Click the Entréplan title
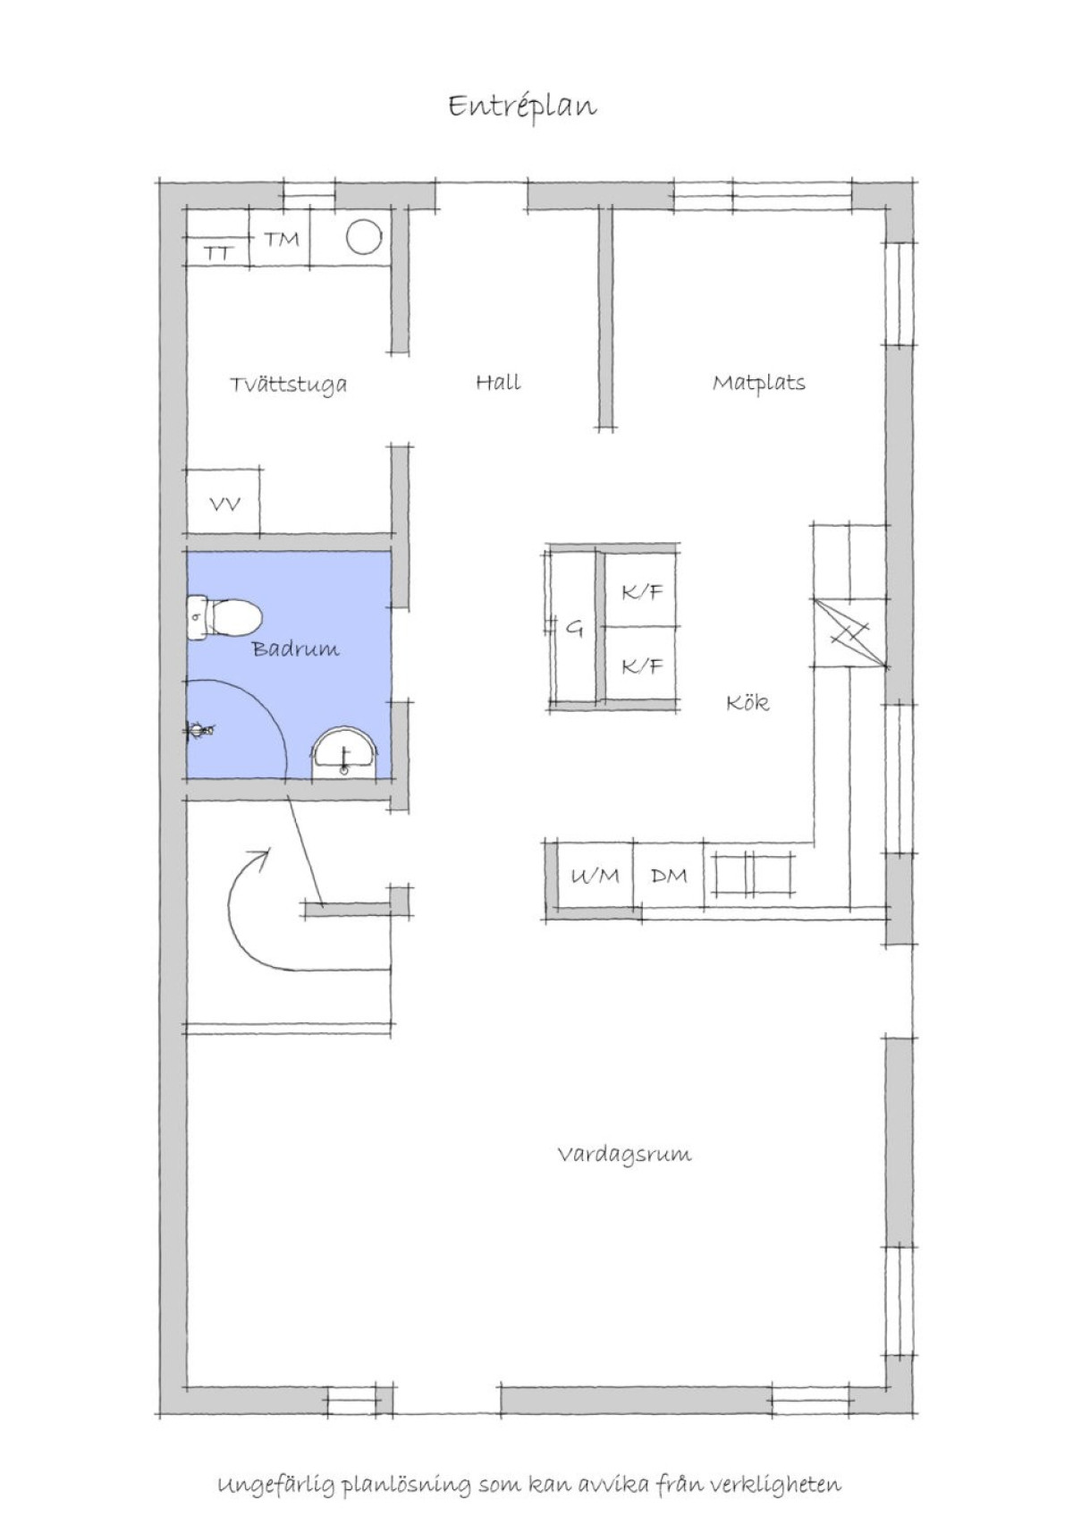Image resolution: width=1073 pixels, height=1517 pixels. (522, 107)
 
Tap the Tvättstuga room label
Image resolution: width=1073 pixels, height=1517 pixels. (289, 385)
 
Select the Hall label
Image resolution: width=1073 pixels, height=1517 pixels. (498, 383)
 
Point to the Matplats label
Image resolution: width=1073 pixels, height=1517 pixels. (759, 384)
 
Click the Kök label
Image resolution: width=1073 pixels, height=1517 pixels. (748, 702)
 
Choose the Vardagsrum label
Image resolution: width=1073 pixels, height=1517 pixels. (624, 1154)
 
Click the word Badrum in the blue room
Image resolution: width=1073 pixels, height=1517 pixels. (296, 648)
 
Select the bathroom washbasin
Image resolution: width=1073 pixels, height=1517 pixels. (344, 753)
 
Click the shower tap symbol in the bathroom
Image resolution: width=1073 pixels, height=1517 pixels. (200, 730)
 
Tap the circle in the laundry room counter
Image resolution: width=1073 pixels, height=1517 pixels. (364, 238)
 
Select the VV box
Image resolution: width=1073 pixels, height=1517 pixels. (224, 502)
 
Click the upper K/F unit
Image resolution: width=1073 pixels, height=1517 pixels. (640, 590)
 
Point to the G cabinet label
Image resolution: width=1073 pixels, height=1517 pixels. (574, 629)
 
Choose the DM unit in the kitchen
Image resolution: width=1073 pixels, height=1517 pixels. (669, 876)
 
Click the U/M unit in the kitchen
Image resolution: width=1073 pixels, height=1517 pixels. (596, 876)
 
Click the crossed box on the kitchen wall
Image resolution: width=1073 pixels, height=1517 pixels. (851, 633)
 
